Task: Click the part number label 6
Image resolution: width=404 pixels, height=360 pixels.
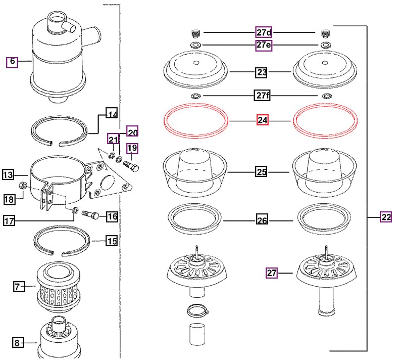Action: pyautogui.click(x=12, y=62)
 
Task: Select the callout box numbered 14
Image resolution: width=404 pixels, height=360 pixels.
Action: pyautogui.click(x=112, y=114)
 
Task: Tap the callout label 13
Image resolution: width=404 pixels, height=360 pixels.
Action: pyautogui.click(x=8, y=175)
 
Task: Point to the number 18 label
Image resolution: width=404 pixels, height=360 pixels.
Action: pyautogui.click(x=10, y=199)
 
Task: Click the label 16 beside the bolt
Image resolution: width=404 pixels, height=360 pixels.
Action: pyautogui.click(x=112, y=216)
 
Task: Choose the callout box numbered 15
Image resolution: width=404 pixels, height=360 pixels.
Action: pyautogui.click(x=112, y=241)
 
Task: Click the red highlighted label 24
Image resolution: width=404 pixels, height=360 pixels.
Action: pyautogui.click(x=262, y=121)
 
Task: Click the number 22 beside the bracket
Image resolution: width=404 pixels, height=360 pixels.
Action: pyautogui.click(x=386, y=217)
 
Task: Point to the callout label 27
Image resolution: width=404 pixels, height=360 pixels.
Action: pyautogui.click(x=272, y=274)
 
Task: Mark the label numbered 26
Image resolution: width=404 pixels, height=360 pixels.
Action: pyautogui.click(x=262, y=220)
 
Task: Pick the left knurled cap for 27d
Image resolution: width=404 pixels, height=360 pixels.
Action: pyautogui.click(x=195, y=33)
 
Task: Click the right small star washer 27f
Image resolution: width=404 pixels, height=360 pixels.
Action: pyautogui.click(x=326, y=96)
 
